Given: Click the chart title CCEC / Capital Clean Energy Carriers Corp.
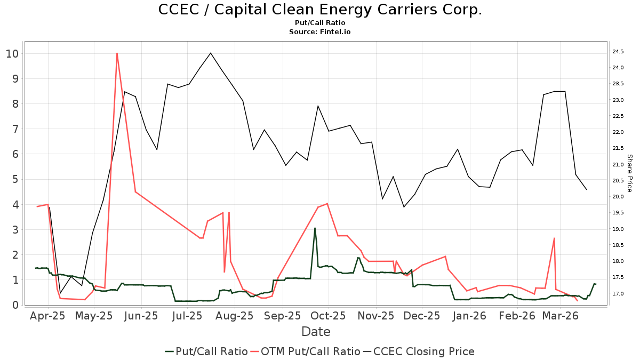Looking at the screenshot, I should point(320,10).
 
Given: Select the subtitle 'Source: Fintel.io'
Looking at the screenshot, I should point(320,32).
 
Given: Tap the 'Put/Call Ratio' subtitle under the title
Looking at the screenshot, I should point(320,23).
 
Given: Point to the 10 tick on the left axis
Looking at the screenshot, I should point(12,53).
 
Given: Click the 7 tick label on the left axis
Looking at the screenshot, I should point(15,129).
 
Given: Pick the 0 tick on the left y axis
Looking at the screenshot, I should point(15,305).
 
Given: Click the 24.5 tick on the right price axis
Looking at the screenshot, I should point(619,52).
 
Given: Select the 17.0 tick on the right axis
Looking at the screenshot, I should point(619,294).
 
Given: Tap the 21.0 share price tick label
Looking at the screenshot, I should point(619,165).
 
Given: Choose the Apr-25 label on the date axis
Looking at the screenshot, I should point(48,316).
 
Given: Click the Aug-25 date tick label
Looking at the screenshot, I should point(236,316).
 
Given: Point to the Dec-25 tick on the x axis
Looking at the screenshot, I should point(422,316).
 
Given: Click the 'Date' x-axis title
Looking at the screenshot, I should point(316,332).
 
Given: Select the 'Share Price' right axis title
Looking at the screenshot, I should point(629,173).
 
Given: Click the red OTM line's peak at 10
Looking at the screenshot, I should point(116,53).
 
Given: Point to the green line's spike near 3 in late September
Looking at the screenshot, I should point(315,228).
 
